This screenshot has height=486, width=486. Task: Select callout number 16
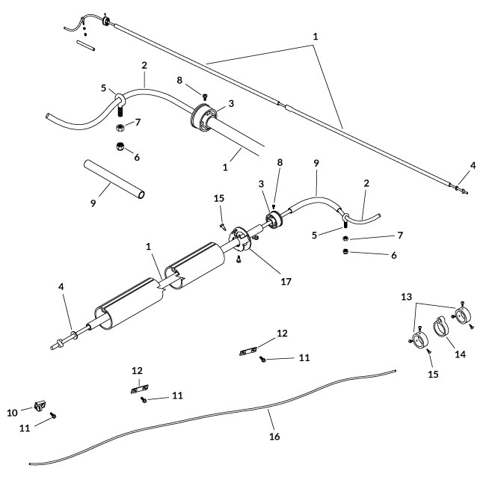pyautogui.click(x=274, y=436)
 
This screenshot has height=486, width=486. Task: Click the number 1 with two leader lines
pyautogui.click(x=315, y=35)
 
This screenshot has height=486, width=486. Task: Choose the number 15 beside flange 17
pyautogui.click(x=219, y=199)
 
